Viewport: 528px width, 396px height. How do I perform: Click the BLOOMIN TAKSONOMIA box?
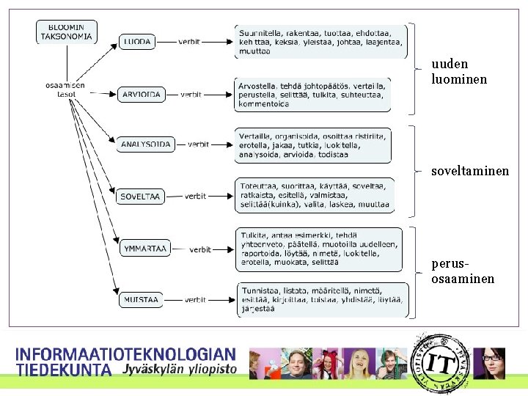(x=65, y=31)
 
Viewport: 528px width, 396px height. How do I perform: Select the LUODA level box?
(x=137, y=43)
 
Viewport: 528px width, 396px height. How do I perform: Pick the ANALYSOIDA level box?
(x=146, y=144)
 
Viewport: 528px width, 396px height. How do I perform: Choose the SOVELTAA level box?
(x=141, y=197)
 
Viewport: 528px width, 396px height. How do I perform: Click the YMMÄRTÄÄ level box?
(x=144, y=249)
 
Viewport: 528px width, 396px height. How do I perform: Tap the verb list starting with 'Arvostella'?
(x=313, y=95)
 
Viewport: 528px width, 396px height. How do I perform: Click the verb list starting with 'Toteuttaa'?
(x=315, y=196)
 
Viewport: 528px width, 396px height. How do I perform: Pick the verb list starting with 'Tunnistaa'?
(x=323, y=299)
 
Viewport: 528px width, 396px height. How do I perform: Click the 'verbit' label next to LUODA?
(x=190, y=43)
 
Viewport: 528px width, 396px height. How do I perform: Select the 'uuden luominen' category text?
(x=459, y=71)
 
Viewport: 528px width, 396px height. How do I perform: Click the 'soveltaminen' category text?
(x=470, y=170)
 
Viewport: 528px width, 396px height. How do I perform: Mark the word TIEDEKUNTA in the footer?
(x=64, y=370)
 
